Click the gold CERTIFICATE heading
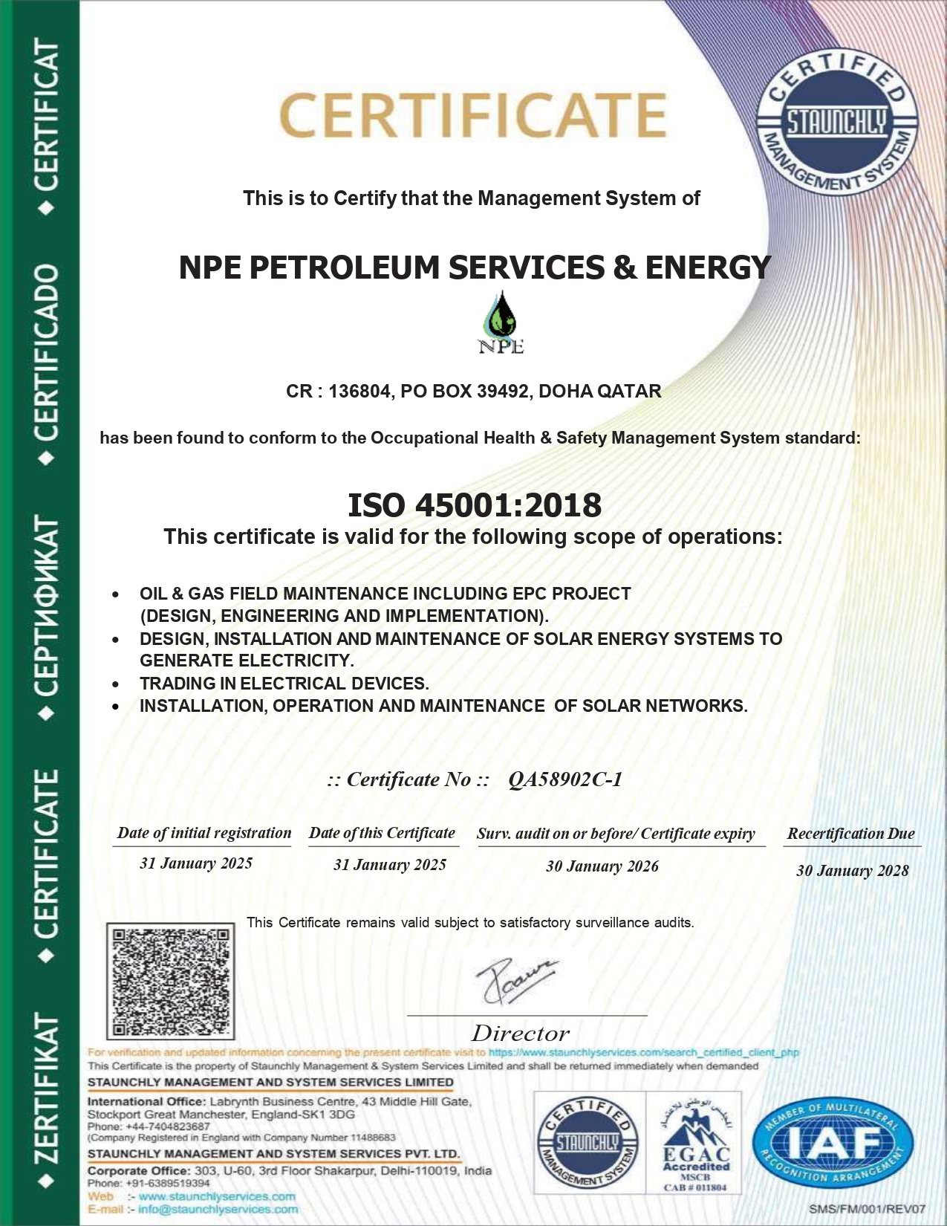473,115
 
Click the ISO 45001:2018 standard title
475,505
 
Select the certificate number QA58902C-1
565,779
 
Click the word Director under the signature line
521,1034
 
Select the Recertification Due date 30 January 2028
852,871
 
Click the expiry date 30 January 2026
602,866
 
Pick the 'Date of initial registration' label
204,833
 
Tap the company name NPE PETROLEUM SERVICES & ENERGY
475,267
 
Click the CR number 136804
359,392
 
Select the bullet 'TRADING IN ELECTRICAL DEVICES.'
284,684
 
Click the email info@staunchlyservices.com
218,1210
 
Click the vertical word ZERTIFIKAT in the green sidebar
46,1088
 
